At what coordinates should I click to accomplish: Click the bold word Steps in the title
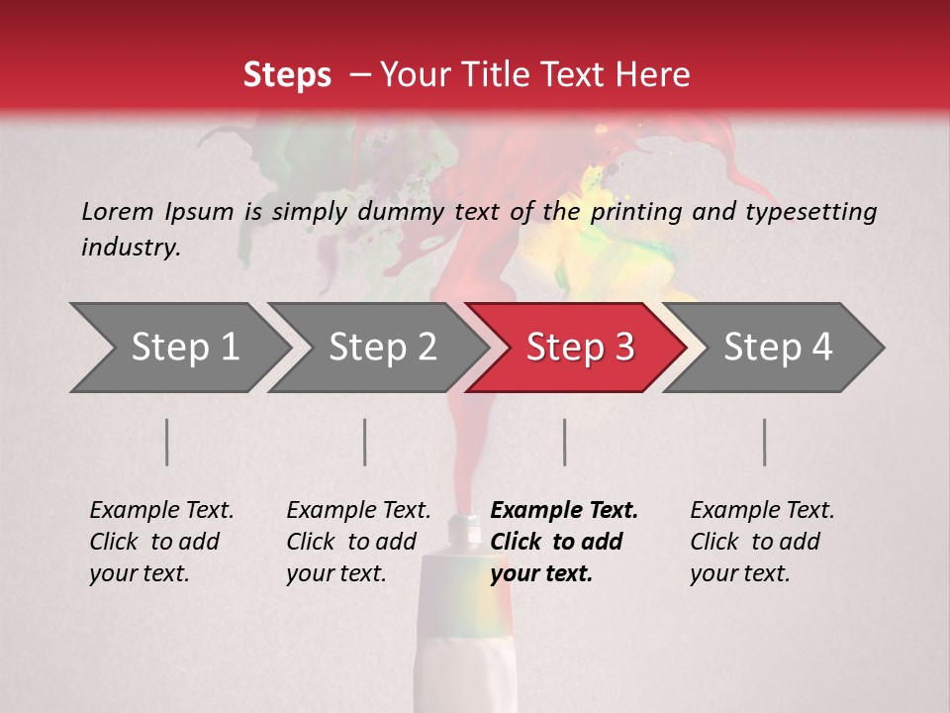(287, 74)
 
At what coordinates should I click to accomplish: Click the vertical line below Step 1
(166, 442)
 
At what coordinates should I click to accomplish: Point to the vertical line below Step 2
(365, 442)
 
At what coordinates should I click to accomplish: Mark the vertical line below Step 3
(564, 442)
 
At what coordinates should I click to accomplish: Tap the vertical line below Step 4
(764, 442)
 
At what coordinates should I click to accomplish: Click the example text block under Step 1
(161, 542)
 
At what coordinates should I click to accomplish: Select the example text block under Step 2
(358, 542)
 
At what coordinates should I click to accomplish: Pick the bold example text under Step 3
(564, 542)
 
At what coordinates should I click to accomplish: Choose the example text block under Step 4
(762, 542)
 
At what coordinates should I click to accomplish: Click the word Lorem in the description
(118, 211)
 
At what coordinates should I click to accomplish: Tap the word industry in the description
(131, 247)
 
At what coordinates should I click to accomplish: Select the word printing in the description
(634, 211)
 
